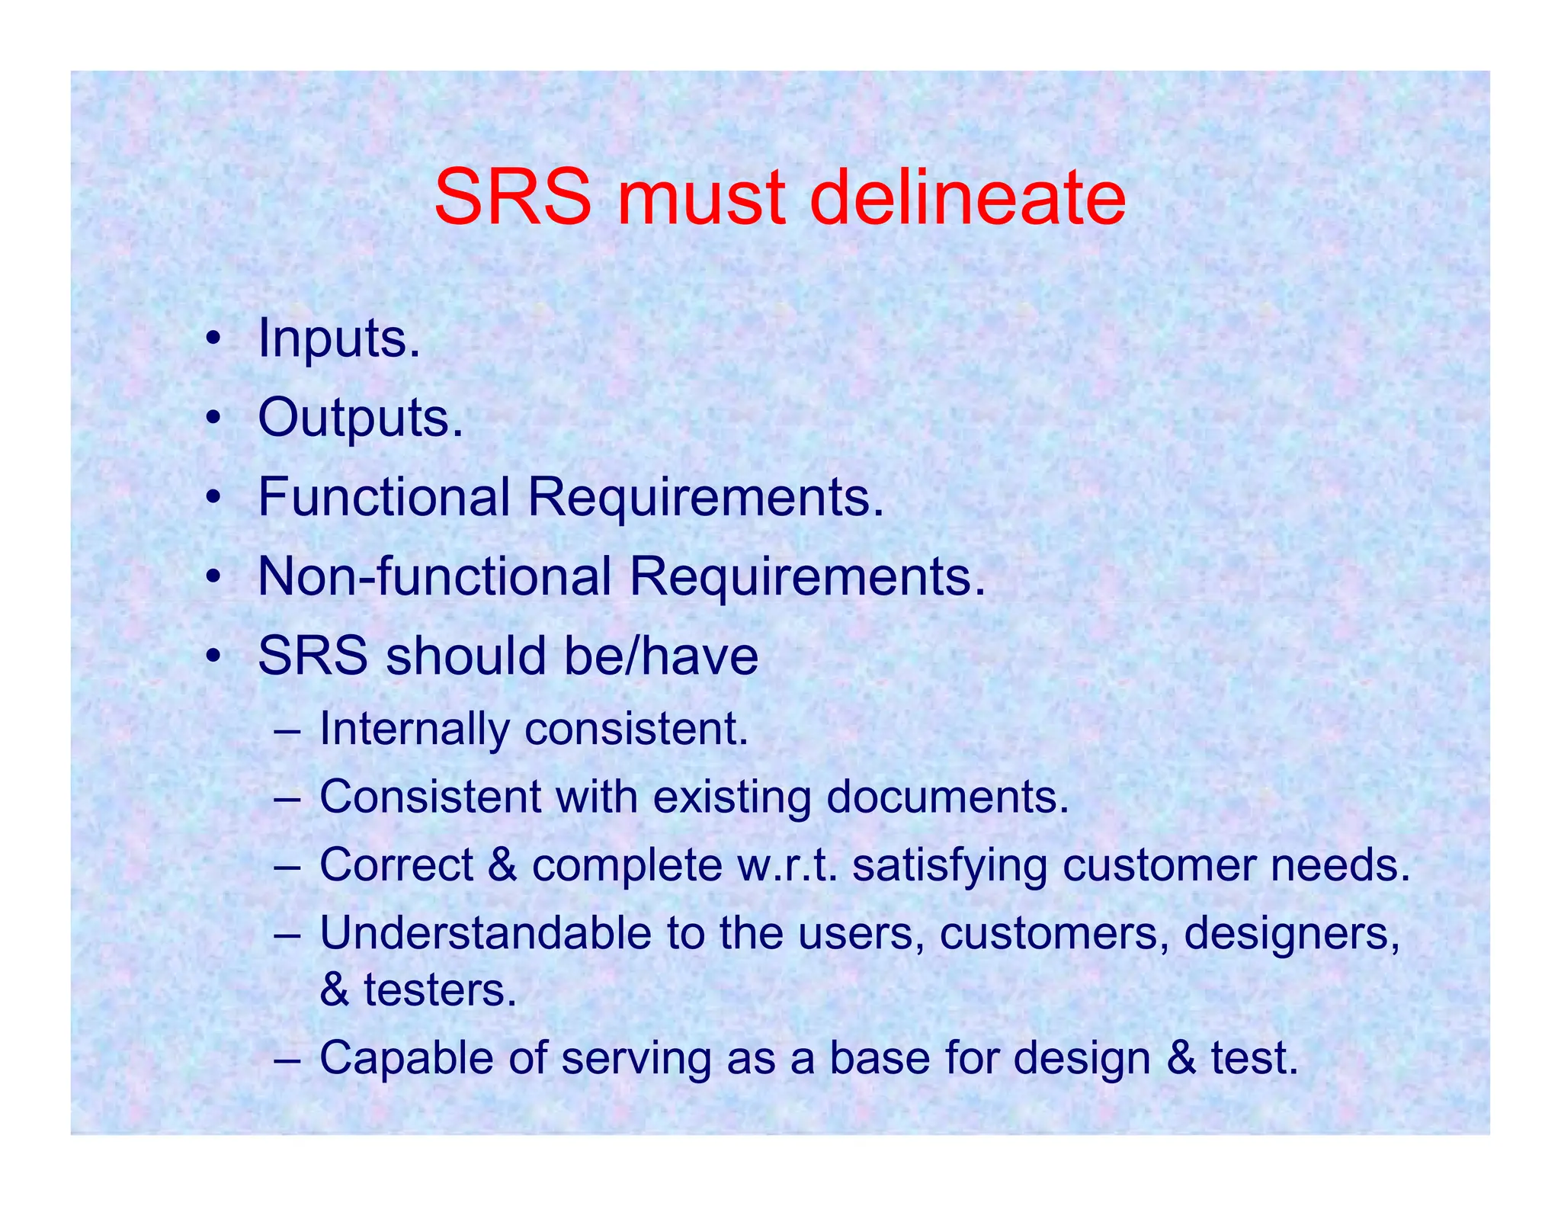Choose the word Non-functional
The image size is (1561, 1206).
(434, 576)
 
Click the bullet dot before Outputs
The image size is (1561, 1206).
(216, 419)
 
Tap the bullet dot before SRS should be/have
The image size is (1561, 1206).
(216, 656)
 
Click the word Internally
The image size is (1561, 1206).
(415, 729)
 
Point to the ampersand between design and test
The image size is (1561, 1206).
(1181, 1059)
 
